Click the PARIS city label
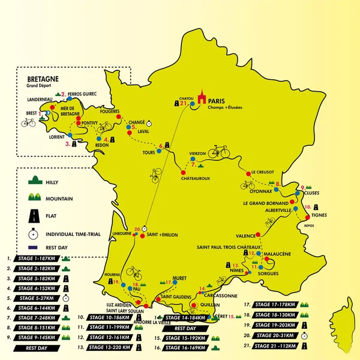(217, 101)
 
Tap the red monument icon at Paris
(202, 98)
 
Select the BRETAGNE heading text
(43, 79)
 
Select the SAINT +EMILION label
(162, 235)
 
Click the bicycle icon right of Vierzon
(219, 151)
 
